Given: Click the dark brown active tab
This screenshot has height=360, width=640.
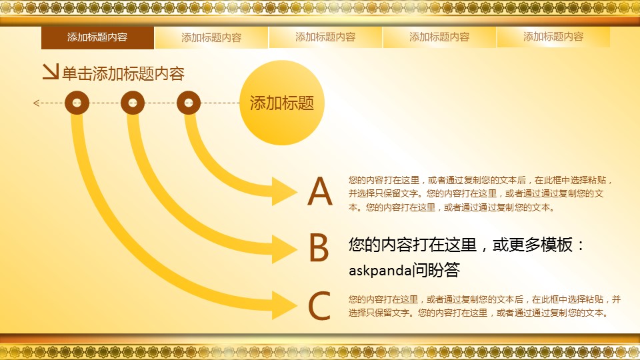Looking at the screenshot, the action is [x=97, y=37].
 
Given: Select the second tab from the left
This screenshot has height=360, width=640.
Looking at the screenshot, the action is [x=211, y=37].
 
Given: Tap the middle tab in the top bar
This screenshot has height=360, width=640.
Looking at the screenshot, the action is [x=325, y=37].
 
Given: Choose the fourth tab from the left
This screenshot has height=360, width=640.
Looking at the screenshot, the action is [x=439, y=37].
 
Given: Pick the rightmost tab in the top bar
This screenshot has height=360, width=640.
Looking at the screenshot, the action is [x=553, y=37].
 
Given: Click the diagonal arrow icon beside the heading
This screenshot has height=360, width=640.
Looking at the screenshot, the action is [x=51, y=71].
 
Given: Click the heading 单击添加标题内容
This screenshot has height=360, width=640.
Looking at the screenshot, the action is [x=123, y=73].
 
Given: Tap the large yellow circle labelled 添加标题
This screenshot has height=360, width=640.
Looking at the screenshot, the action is [x=281, y=103].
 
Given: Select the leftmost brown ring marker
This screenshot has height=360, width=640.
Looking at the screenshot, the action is [x=77, y=103].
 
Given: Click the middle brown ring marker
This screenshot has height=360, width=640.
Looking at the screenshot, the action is [x=133, y=103].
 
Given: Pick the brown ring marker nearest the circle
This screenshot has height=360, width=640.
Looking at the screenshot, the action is [x=189, y=103].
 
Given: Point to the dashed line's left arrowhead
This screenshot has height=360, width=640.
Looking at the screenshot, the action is [x=36, y=103].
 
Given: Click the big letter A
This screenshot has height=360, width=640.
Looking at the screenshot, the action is [x=320, y=191].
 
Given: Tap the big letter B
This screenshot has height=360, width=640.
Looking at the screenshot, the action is [x=319, y=247].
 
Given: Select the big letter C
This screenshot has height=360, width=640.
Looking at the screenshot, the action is [x=319, y=305].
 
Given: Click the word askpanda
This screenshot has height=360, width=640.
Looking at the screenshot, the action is [x=380, y=270].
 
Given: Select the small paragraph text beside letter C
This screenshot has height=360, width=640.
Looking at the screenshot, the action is [x=485, y=306].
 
